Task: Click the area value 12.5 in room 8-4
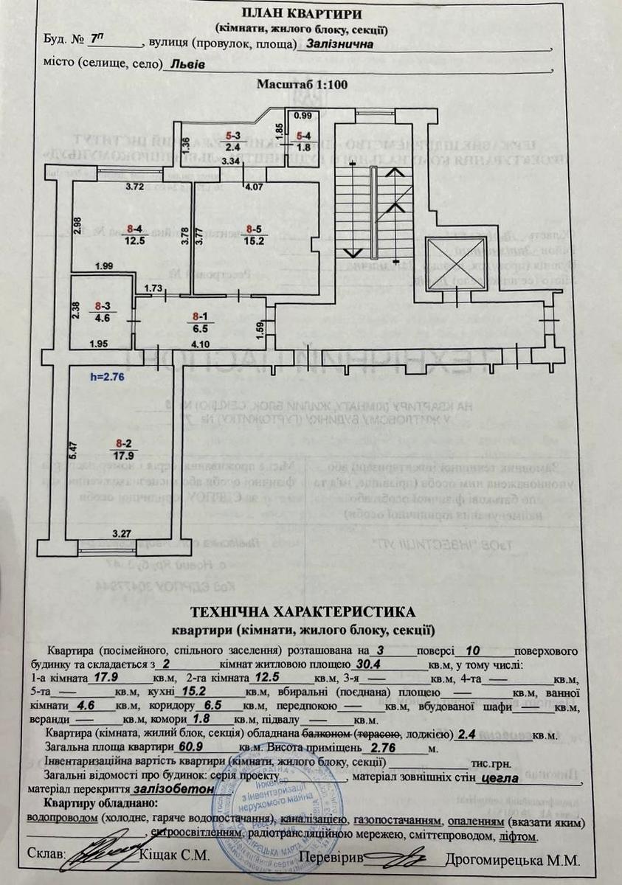pyautogui.click(x=134, y=239)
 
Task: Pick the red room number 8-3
pyautogui.click(x=103, y=305)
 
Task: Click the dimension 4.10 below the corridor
pyautogui.click(x=202, y=344)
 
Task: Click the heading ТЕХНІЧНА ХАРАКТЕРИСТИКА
pyautogui.click(x=303, y=612)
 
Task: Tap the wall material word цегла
pyautogui.click(x=500, y=777)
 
